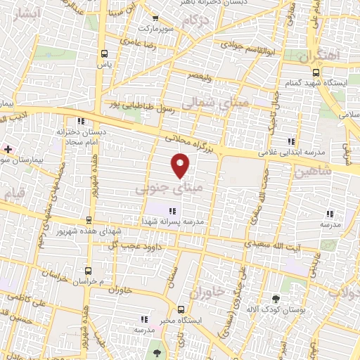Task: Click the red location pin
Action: coord(181,165)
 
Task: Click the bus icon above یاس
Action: coord(105,53)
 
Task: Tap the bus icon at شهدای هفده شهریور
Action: coord(89,220)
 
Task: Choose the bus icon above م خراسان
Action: coord(87,269)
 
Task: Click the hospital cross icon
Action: coord(8,149)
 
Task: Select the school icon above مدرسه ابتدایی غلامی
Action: coord(291,141)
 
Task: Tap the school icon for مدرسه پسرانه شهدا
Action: coord(172,210)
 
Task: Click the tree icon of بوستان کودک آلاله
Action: coord(275,299)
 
